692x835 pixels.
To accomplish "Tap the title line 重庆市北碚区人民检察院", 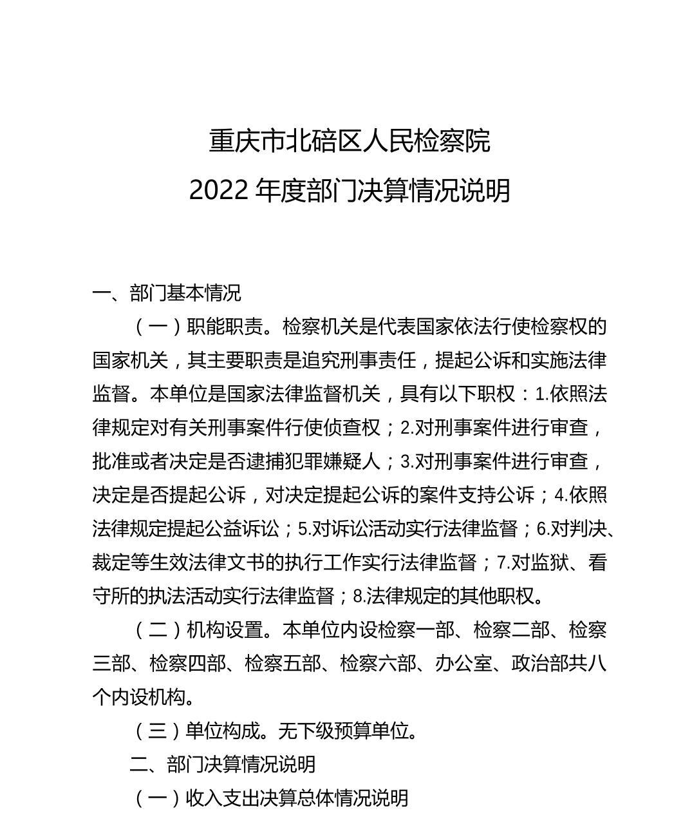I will click(350, 141).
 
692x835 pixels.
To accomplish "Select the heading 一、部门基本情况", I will click(167, 293).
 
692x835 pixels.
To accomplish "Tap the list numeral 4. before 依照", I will click(561, 495).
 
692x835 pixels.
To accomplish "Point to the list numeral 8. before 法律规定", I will click(359, 596).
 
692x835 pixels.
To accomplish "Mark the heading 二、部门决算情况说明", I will click(223, 764).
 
